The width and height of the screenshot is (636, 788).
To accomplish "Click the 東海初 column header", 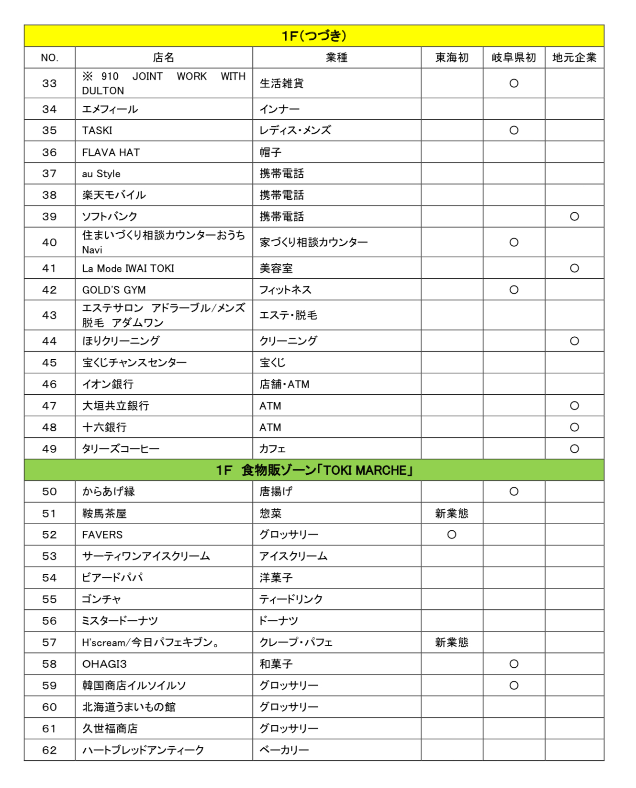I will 451,57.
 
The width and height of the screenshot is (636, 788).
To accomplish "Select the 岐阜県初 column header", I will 513,57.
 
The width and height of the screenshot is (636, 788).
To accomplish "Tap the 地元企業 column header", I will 574,57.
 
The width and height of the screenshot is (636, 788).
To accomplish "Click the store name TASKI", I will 97,130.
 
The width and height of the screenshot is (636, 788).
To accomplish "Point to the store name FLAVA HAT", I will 111,152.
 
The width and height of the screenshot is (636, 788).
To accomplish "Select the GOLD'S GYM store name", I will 114,290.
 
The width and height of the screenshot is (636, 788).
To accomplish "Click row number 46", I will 49,384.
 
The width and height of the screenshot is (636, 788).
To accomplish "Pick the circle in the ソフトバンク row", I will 574,217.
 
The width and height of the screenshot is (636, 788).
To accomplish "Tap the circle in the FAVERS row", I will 451,535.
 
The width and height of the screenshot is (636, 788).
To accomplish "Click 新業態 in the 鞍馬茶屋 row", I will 451,514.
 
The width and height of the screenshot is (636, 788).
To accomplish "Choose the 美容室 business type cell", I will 276,268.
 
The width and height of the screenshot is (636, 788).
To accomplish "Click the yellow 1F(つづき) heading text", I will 314,36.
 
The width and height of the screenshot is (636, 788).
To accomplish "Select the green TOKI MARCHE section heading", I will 314,470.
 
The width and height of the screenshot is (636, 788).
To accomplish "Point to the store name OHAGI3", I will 104,664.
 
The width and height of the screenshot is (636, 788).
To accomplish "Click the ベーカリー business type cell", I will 284,750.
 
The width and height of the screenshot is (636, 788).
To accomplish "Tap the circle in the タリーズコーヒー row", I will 574,449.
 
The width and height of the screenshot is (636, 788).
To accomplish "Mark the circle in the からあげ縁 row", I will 513,491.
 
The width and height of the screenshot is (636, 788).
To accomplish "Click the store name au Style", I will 101,174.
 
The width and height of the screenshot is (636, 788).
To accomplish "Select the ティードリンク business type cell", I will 291,599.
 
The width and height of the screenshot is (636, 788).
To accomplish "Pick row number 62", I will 49,750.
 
